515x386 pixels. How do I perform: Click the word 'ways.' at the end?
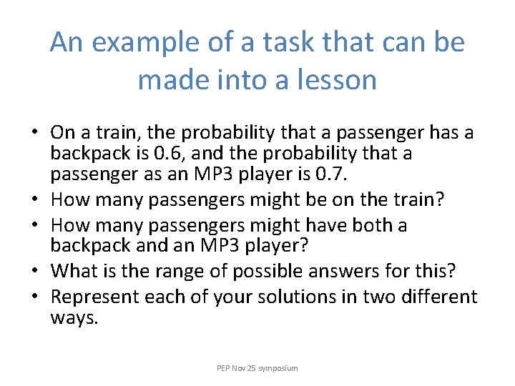(74, 317)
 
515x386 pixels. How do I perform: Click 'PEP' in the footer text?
(225, 368)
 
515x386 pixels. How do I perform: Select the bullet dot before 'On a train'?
(34, 134)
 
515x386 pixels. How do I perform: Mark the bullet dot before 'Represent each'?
(34, 297)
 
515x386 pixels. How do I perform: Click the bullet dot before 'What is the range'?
(34, 272)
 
